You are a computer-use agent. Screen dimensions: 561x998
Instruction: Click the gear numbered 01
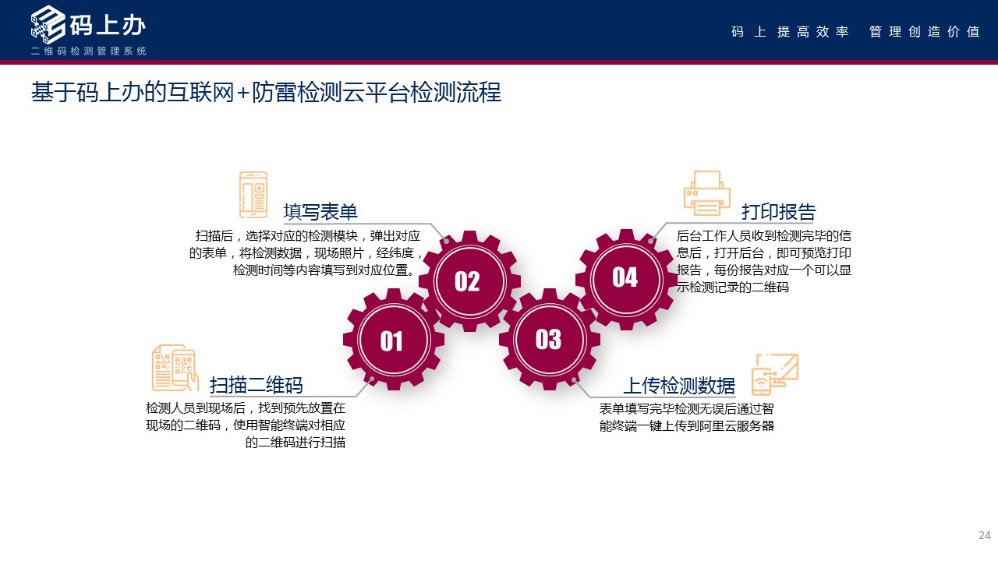point(392,340)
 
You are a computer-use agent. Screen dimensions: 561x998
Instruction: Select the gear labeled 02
point(468,280)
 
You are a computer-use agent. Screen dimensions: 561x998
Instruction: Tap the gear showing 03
point(549,339)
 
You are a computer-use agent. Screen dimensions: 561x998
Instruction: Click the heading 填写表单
point(320,212)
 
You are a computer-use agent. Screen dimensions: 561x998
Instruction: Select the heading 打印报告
point(778,212)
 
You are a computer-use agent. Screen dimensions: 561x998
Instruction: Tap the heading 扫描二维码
point(257,385)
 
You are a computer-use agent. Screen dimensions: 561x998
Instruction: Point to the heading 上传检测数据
point(678,386)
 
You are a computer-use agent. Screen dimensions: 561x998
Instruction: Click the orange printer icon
point(706,192)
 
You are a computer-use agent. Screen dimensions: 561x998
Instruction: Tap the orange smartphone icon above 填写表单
point(253,195)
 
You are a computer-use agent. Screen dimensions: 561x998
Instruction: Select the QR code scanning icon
point(175,368)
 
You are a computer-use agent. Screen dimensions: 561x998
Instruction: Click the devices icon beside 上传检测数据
point(774,374)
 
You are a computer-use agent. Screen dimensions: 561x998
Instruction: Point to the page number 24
point(984,535)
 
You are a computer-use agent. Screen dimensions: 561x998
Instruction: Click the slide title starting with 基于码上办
point(266,92)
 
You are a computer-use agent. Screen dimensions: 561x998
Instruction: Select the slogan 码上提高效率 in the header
point(790,32)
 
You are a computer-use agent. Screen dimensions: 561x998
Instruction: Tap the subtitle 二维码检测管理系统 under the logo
point(88,51)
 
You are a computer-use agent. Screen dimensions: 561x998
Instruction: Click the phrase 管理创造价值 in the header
point(924,32)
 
